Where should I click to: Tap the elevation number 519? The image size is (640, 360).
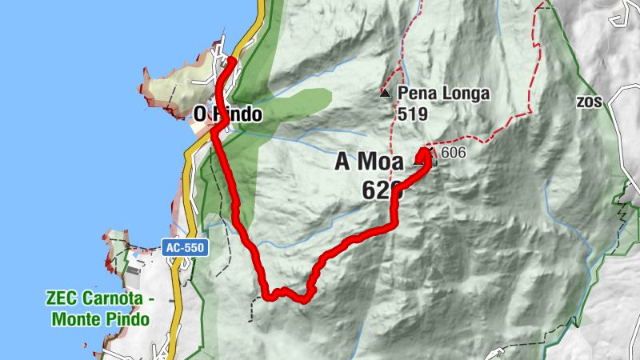(408, 114)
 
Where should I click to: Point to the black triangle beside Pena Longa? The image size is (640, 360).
(386, 94)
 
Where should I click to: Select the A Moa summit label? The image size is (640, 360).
(369, 162)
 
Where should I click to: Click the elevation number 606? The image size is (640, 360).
(453, 152)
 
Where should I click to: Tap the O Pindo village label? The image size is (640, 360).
(228, 114)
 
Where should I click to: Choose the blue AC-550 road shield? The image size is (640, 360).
(185, 248)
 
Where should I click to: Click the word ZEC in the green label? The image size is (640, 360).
(62, 300)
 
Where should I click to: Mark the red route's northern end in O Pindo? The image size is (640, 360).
(230, 60)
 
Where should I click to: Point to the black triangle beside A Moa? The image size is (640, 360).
(419, 162)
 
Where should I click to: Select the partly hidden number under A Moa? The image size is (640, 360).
(379, 190)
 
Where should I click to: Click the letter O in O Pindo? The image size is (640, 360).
(201, 114)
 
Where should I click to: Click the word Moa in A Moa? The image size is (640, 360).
(380, 162)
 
